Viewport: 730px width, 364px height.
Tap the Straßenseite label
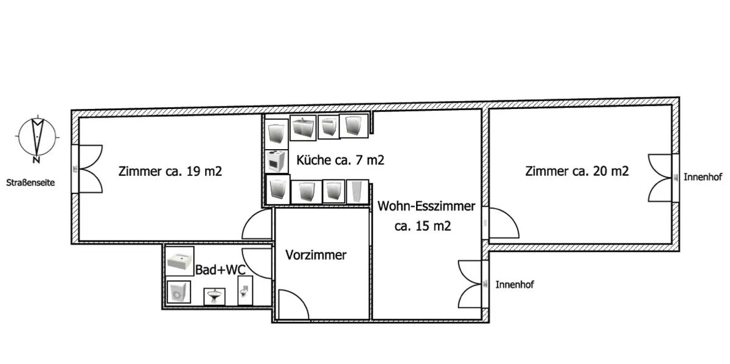30,183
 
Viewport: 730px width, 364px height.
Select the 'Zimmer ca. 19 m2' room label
170,171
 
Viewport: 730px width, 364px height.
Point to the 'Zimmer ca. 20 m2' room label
577,171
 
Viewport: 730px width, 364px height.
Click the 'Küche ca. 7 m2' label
340,160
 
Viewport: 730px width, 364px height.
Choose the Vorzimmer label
316,255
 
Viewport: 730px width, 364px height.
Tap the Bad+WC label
220,270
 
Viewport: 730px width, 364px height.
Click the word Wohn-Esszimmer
426,206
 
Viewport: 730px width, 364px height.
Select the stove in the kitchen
276,161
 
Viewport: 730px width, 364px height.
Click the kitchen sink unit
303,128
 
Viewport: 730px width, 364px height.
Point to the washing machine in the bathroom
179,292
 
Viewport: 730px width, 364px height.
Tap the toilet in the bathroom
245,290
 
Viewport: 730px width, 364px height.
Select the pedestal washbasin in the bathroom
214,296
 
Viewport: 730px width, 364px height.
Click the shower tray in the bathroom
179,261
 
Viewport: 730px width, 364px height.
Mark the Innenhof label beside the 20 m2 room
703,177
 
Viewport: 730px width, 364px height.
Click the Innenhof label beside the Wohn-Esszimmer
515,285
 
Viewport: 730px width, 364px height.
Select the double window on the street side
88,169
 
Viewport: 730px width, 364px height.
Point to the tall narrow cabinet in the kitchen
358,192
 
